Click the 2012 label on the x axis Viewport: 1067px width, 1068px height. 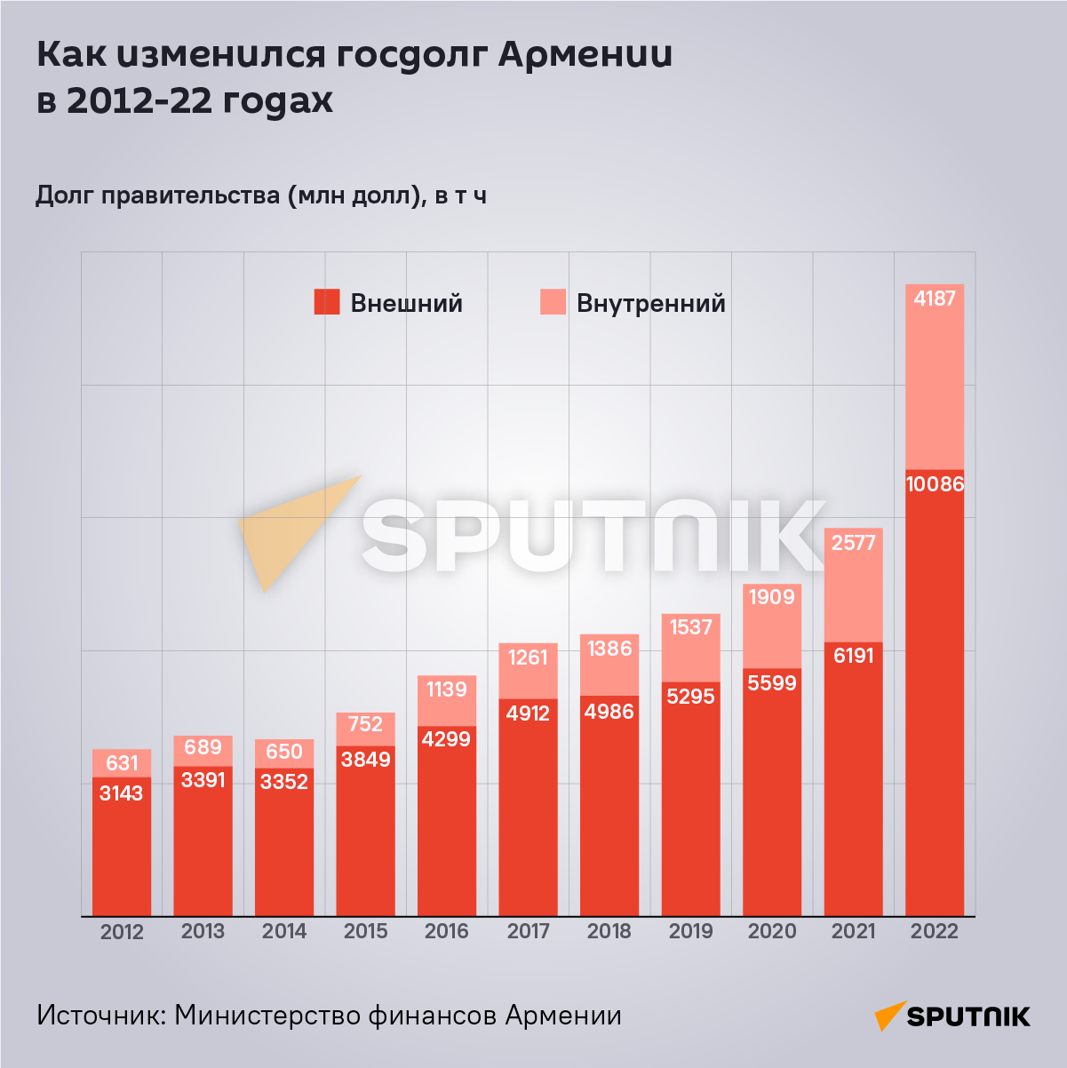click(x=122, y=931)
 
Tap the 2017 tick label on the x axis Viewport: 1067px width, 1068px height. click(x=528, y=931)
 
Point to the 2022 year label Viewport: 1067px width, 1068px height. click(x=935, y=931)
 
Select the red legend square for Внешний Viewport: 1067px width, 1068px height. click(x=327, y=303)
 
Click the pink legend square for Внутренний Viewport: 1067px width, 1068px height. click(x=553, y=303)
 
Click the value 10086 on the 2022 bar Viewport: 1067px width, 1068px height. click(x=935, y=484)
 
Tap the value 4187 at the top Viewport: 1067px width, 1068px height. click(x=935, y=299)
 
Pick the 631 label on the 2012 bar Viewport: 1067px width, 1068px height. click(x=122, y=763)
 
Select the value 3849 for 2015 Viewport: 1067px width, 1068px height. click(x=365, y=759)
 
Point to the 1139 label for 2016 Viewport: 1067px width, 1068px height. click(x=447, y=689)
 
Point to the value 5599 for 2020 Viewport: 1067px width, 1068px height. click(x=772, y=682)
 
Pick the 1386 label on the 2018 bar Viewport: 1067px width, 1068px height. click(x=609, y=649)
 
